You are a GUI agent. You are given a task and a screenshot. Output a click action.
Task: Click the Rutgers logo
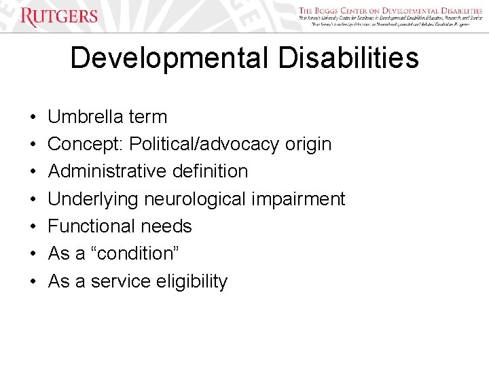(59, 16)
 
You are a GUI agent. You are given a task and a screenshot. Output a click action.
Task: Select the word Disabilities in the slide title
(348, 58)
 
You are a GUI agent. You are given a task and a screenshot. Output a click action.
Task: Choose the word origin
(308, 145)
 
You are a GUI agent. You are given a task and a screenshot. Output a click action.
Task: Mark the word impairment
(299, 199)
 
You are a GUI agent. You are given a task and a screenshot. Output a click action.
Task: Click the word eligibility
(190, 281)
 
